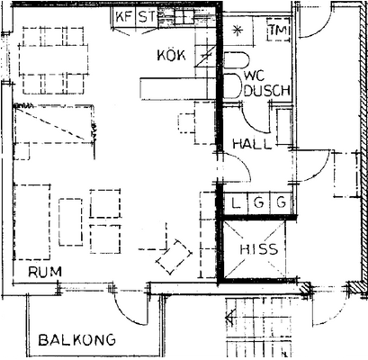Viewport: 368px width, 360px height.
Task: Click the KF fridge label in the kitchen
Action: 124,16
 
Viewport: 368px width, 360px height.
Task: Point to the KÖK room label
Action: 171,56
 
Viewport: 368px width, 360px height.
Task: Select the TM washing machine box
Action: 279,30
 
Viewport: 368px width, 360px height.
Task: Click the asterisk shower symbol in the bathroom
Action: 238,31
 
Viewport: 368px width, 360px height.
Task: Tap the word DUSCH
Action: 267,91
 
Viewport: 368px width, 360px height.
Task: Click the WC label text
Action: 255,76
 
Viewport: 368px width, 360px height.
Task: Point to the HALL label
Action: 252,144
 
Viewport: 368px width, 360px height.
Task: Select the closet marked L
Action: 236,203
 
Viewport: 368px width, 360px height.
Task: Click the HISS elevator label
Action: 259,249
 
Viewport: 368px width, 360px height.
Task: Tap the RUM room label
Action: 45,272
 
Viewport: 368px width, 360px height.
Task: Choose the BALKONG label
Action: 77,340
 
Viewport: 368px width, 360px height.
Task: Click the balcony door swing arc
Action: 127,316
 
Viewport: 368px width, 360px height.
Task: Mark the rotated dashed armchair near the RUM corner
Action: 174,256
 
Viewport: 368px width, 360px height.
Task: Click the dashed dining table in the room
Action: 54,60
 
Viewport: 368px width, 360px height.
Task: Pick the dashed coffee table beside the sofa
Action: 71,222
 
